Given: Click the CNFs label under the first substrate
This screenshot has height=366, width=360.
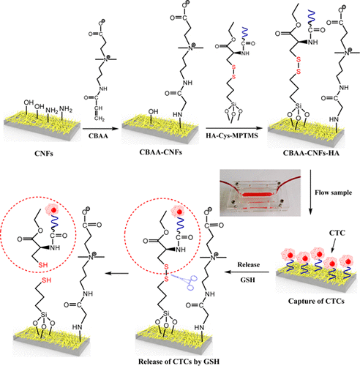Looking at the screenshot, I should point(33,152).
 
